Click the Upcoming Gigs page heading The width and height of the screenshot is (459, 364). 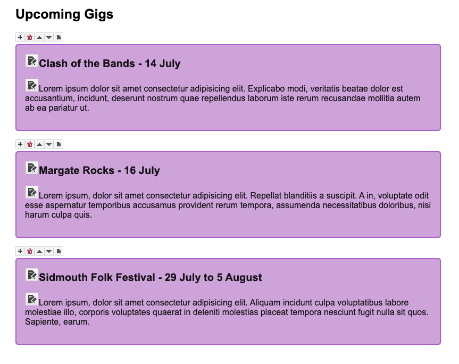[64, 14]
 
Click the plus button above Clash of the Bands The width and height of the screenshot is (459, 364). [20, 37]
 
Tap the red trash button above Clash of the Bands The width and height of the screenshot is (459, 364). [30, 37]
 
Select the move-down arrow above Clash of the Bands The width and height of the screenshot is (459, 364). [49, 37]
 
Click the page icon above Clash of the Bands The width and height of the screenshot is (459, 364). [59, 37]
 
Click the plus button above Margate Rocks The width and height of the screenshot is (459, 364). [20, 144]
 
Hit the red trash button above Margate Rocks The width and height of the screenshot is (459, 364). [30, 144]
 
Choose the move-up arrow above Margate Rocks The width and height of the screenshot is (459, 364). [39, 144]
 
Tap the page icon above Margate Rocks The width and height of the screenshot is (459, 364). [59, 144]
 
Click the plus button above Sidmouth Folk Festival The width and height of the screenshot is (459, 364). [20, 251]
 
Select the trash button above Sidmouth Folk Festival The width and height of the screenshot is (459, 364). [30, 251]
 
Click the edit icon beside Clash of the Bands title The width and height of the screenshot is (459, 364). [32, 61]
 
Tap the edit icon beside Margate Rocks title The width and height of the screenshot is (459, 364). [32, 168]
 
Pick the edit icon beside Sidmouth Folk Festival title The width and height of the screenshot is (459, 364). [32, 275]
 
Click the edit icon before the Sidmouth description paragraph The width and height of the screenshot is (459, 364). [32, 299]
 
